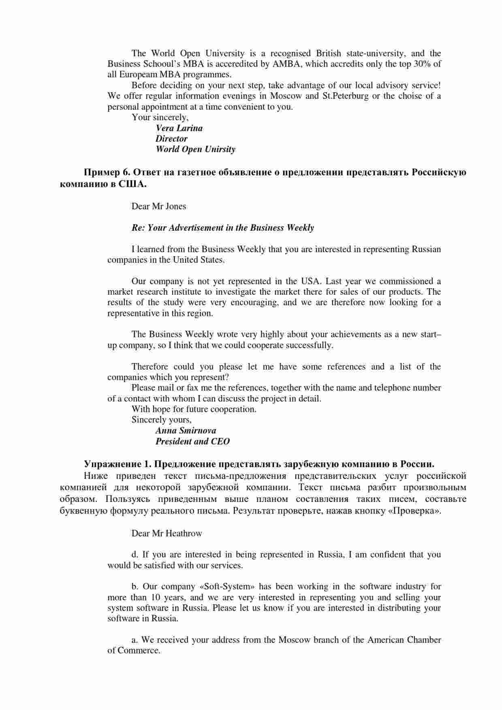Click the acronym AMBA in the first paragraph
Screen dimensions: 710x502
coord(286,64)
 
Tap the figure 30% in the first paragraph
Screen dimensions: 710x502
coord(422,64)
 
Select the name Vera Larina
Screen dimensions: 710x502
coord(179,128)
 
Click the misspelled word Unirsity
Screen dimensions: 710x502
coord(219,149)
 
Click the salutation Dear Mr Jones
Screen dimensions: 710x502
coord(158,206)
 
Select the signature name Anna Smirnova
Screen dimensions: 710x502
coord(186,431)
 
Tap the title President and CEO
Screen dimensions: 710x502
coord(192,442)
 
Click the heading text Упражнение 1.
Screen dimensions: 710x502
coord(117,464)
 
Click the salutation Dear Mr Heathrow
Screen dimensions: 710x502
coord(167,534)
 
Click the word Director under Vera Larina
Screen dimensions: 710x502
coord(171,139)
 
